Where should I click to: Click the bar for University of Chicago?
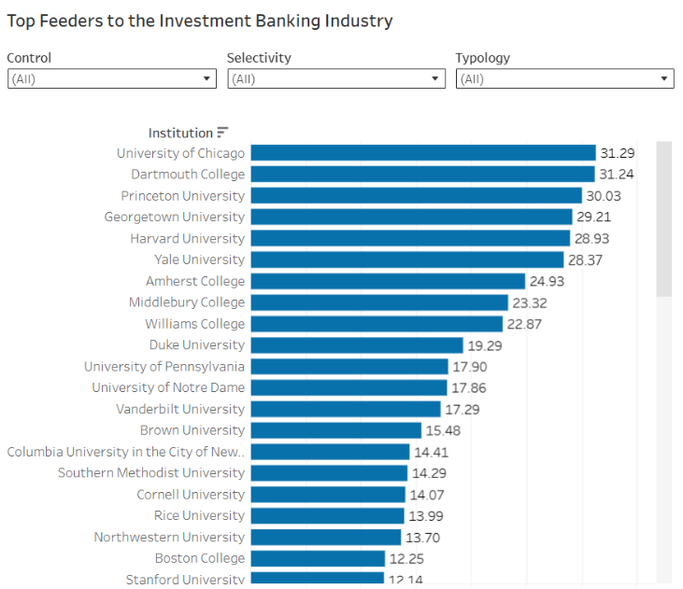coord(423,153)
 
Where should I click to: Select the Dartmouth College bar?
coord(422,175)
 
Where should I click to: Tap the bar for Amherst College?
coord(388,281)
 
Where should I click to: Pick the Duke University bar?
coord(357,345)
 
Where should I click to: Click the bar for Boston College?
coord(318,558)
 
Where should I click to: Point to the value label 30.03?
coord(604,196)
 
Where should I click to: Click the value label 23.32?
coord(529,303)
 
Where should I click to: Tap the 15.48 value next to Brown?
coord(443,430)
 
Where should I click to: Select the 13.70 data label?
coord(422,538)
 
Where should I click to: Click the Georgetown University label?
coord(174,217)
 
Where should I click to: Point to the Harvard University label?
coord(187,239)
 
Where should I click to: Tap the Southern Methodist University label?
coord(151,472)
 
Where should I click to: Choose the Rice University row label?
coord(199,515)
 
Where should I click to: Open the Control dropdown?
coord(112,78)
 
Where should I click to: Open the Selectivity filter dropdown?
coord(336,78)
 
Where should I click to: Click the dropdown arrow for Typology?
coord(663,78)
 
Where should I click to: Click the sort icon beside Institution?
coord(222,132)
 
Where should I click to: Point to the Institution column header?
coord(180,133)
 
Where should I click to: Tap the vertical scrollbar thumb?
coord(663,219)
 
